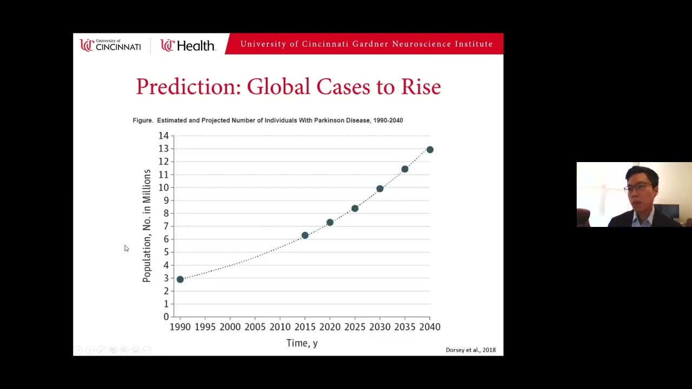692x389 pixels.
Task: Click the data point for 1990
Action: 180,279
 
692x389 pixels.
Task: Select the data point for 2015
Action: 305,236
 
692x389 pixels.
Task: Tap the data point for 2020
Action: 330,223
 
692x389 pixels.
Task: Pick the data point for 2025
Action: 355,209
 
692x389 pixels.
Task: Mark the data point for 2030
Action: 380,189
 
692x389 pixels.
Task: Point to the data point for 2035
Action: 405,169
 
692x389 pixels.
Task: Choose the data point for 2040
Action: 430,150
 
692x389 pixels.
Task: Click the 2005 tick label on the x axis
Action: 255,327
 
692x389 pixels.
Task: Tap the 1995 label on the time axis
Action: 205,327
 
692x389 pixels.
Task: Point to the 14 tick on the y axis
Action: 163,136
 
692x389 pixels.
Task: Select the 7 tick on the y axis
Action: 166,226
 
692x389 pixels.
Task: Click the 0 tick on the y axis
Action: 166,317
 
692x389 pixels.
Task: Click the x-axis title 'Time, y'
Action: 302,343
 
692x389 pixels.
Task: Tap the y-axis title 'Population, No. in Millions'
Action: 147,225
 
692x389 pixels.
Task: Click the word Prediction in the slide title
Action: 188,87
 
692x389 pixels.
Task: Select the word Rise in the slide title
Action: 421,87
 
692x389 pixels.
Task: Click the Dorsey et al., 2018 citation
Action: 470,350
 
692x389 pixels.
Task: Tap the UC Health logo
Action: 188,46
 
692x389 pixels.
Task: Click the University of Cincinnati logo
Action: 110,45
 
